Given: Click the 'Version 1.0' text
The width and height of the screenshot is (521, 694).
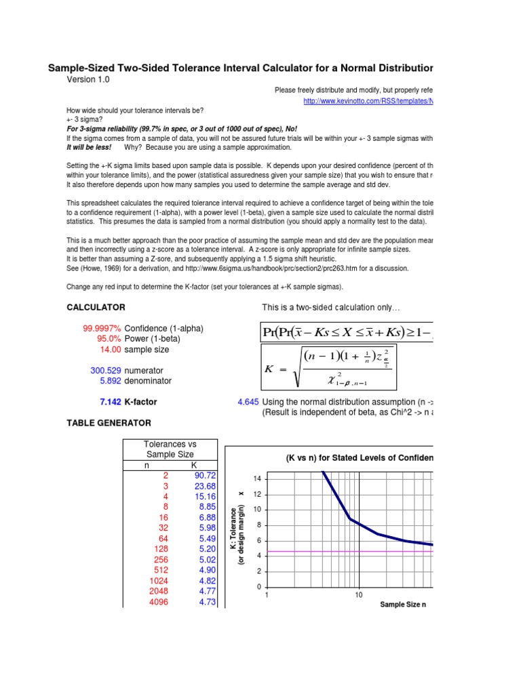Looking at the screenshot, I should point(88,79).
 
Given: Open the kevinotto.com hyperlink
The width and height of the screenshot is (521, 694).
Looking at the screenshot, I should point(367,101).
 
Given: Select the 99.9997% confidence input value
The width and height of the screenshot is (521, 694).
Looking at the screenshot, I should point(102,329).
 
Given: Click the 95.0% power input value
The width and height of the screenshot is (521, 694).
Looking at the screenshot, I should point(108,339).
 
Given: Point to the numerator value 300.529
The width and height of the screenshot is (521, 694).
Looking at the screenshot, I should point(106,371).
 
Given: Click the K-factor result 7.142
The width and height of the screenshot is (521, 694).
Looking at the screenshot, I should point(110,402).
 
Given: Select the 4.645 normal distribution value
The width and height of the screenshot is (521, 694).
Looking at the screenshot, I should point(248,402).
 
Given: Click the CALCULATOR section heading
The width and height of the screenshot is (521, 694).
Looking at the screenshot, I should point(96,307).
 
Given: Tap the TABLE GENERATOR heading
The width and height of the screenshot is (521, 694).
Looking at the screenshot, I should point(109,423).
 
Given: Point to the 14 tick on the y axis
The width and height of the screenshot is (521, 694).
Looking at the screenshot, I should point(257,479).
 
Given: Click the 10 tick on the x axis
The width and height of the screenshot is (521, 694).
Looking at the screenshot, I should point(358,595).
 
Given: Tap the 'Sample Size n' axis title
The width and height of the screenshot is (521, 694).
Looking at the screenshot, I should point(403,604).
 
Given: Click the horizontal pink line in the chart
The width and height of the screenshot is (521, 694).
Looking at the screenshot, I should point(339,552).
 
